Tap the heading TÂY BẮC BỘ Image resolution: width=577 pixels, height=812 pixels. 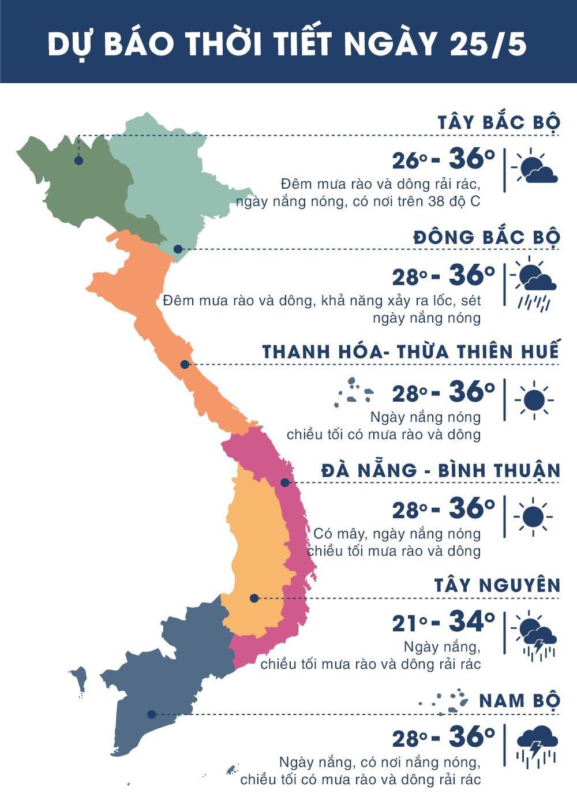[499, 122]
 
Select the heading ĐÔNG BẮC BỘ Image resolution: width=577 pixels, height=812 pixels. [486, 237]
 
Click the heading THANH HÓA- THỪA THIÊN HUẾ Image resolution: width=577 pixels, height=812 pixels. [411, 352]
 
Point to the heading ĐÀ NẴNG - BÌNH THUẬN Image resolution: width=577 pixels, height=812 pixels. [441, 470]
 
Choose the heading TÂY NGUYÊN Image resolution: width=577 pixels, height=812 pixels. [497, 585]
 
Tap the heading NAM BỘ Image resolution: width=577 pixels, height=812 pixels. [520, 701]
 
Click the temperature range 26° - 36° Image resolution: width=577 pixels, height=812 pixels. [443, 160]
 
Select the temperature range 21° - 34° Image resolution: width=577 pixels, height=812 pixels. [443, 622]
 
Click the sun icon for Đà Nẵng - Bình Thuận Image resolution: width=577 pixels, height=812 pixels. [534, 515]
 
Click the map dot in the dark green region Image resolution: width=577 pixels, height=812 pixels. [78, 160]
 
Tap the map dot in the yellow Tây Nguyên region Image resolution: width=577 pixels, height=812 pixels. [254, 598]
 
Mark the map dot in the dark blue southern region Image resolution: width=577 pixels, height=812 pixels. [151, 714]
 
